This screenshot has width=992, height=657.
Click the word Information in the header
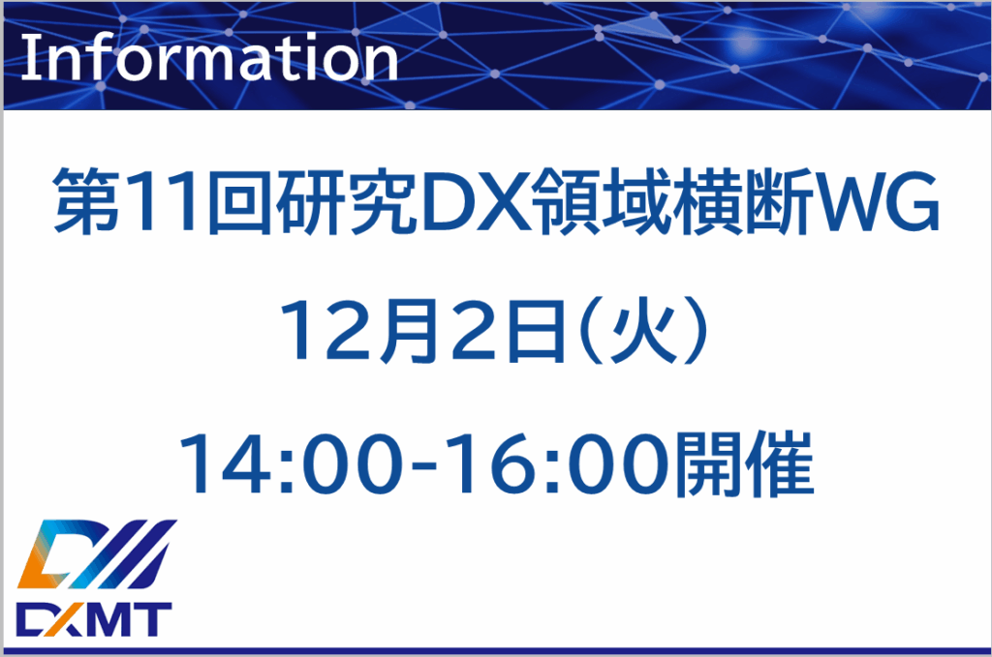coord(208,59)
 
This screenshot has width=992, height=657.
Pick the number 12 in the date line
coord(313,331)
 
